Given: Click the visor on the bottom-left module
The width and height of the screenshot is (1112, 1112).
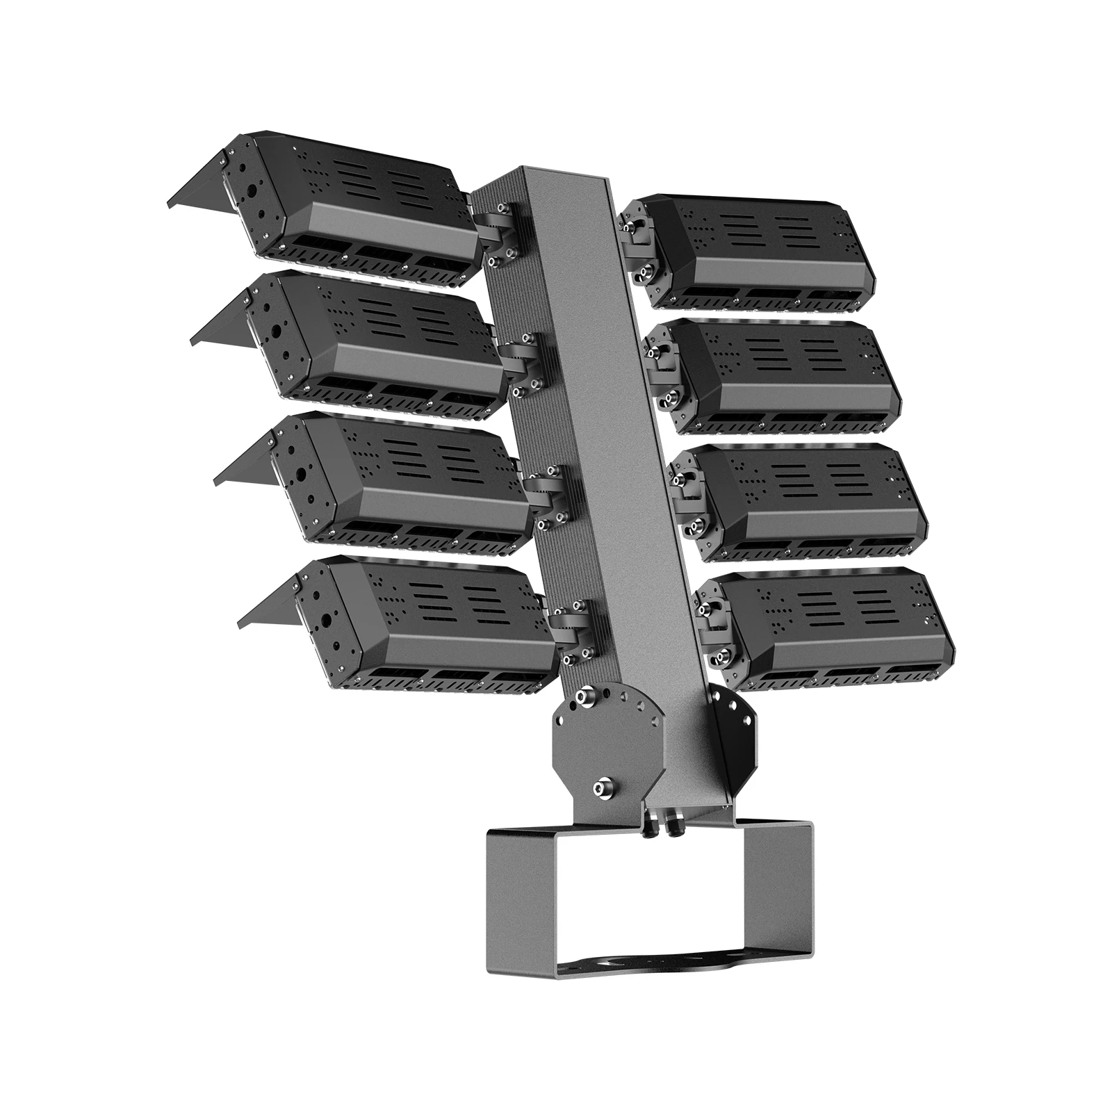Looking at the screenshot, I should point(268,605).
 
